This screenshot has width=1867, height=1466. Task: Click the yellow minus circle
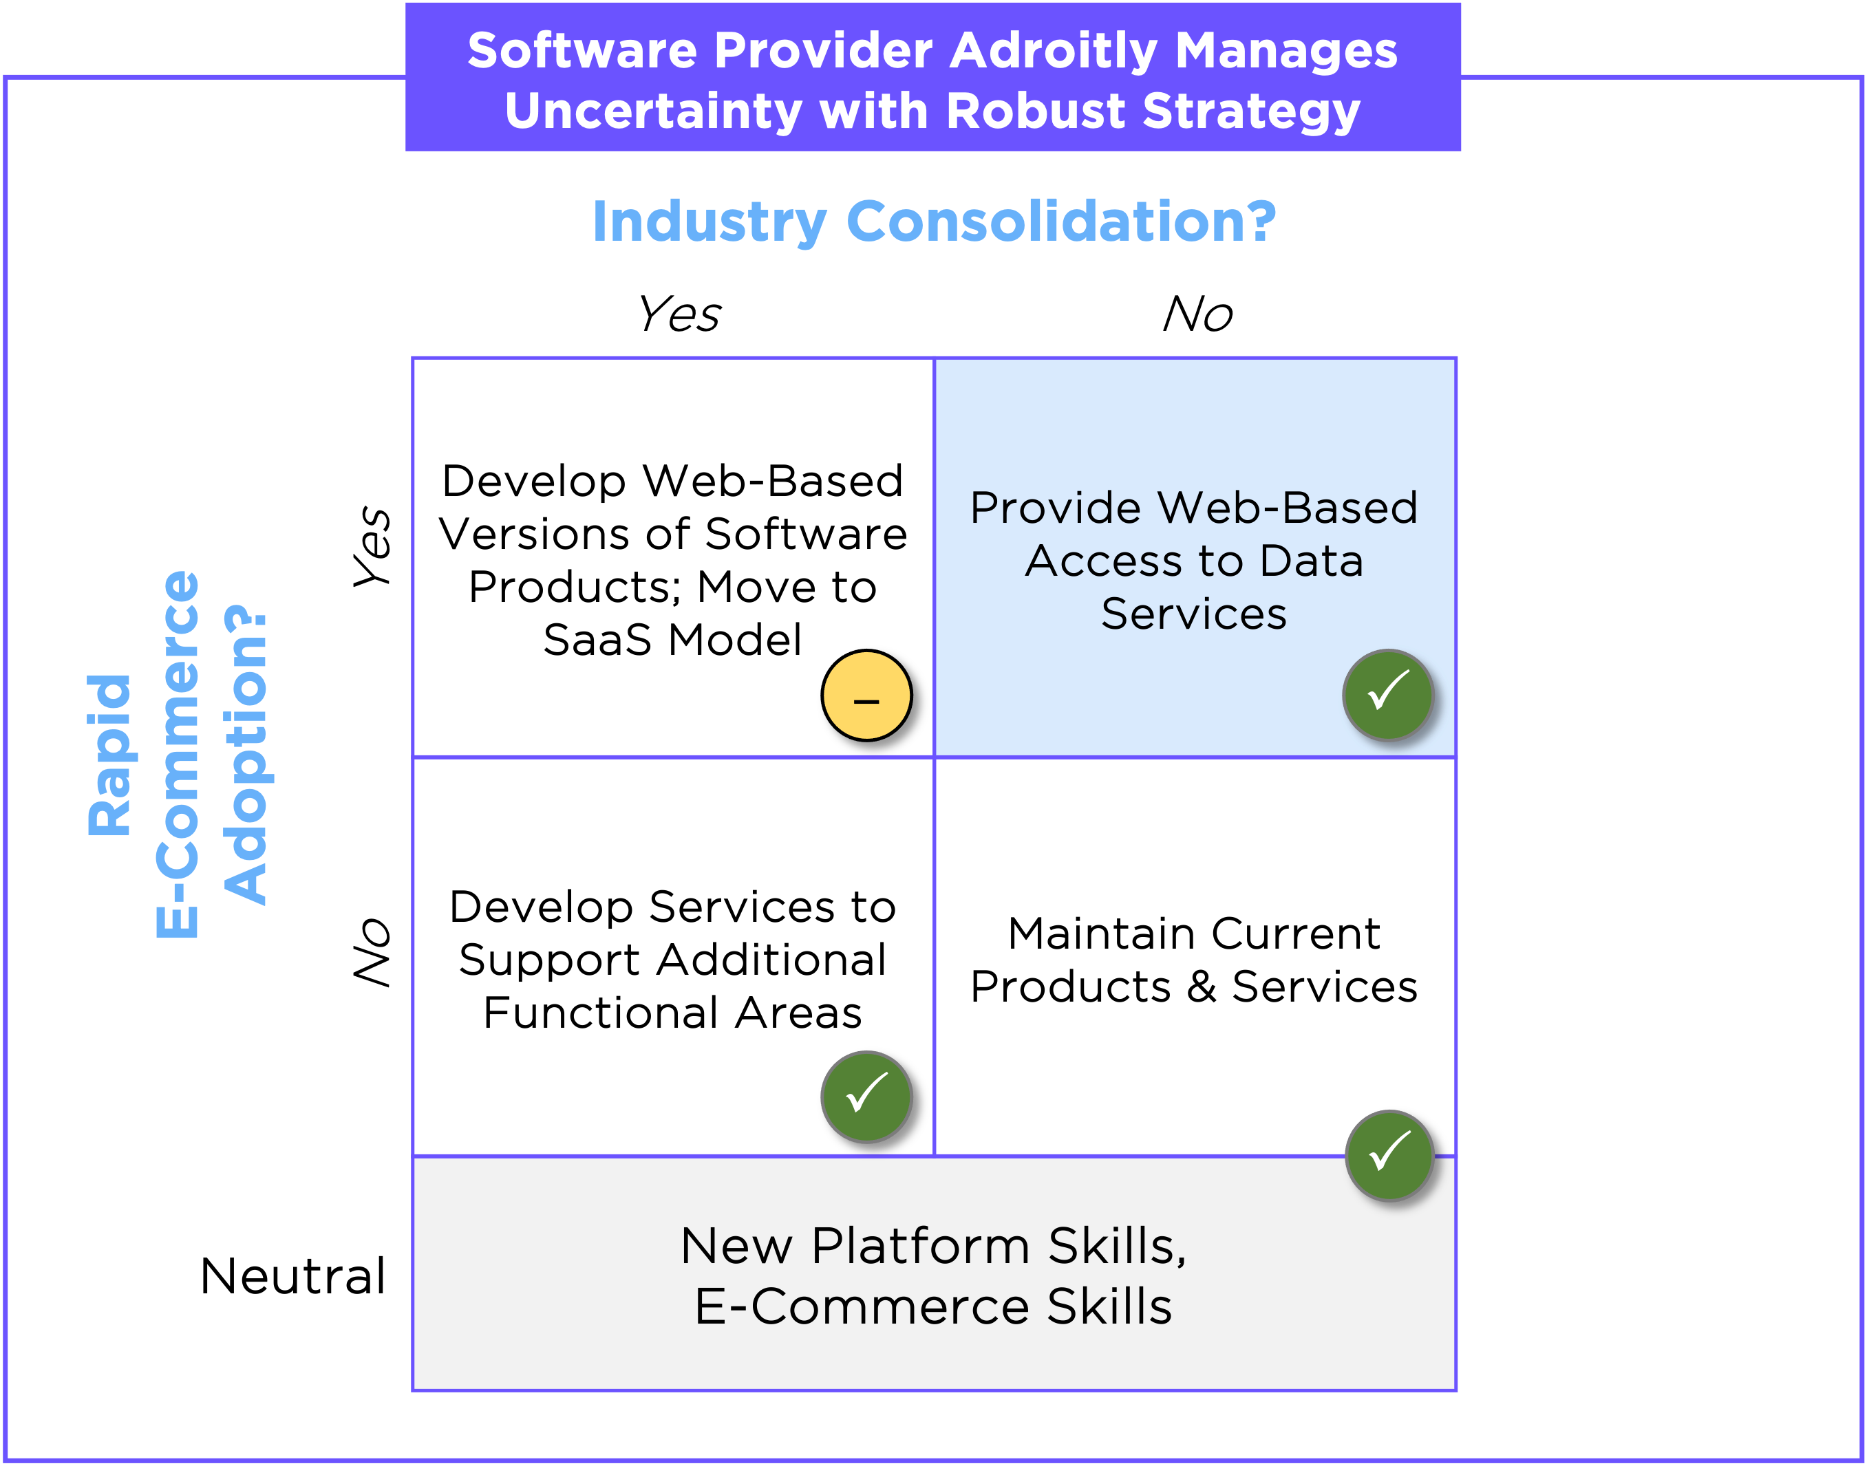(x=866, y=696)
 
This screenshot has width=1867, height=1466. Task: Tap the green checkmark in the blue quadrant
(x=1388, y=694)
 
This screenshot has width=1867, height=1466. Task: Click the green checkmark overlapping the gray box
(x=1389, y=1155)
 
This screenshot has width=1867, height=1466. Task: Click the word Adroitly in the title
(x=1054, y=52)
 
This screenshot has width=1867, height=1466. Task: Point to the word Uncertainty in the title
(x=653, y=112)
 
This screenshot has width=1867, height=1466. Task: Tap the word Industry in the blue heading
(x=709, y=222)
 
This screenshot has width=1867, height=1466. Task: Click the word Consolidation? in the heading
(x=1061, y=221)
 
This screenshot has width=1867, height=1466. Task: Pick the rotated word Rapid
(x=110, y=755)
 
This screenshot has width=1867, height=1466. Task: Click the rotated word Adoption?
(x=246, y=755)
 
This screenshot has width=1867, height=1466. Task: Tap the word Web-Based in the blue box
(x=1288, y=507)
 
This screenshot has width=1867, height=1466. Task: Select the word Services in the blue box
(x=1194, y=614)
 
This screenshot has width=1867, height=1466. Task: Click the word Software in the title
(x=582, y=52)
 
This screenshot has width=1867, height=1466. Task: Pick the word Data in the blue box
(x=1311, y=561)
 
